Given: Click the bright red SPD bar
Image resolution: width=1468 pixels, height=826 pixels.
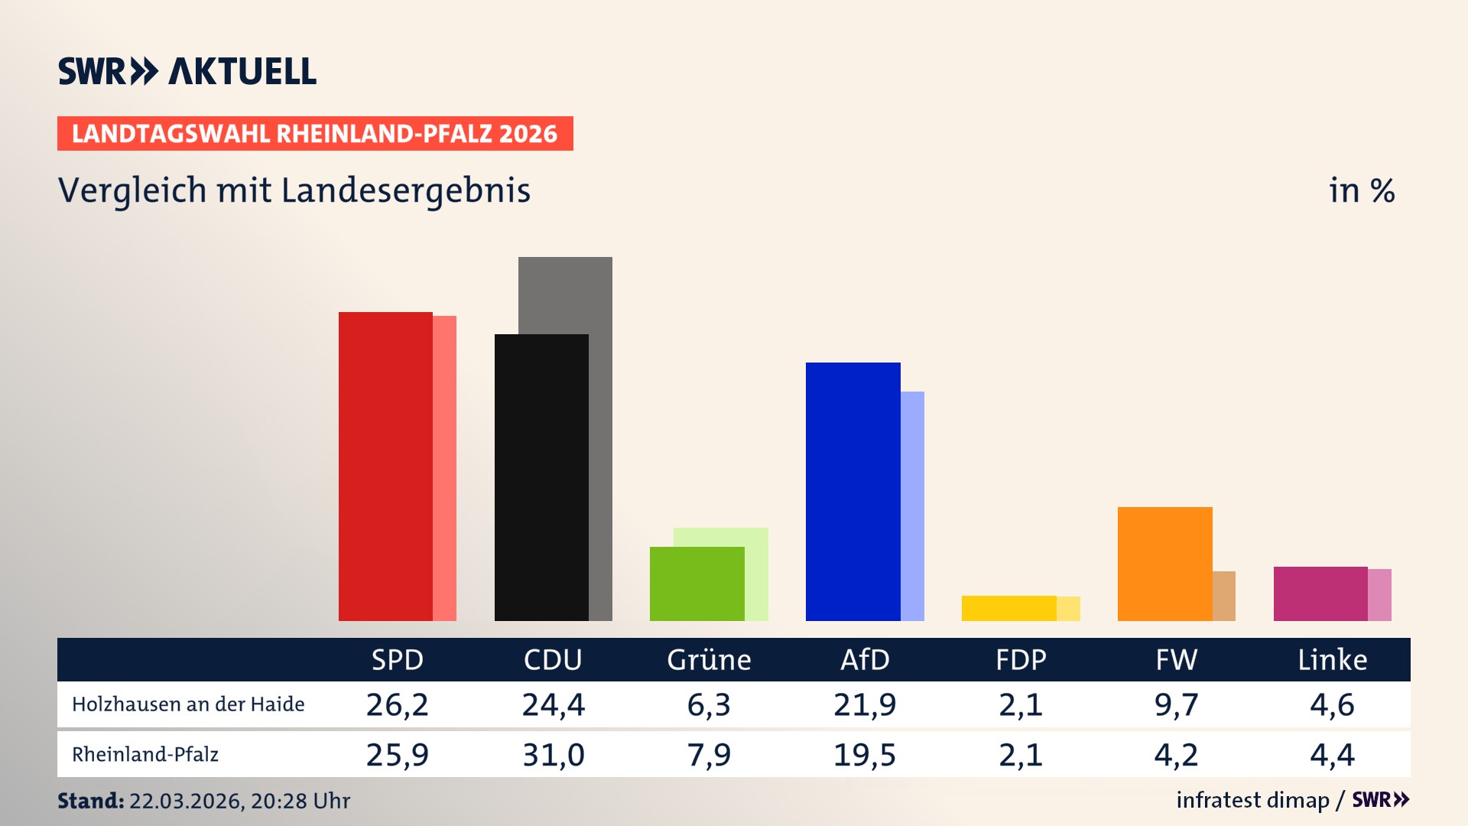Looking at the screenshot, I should coord(385,467).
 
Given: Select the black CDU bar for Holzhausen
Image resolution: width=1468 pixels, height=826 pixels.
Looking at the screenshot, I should coord(541,478).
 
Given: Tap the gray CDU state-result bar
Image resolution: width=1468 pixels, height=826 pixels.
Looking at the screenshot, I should coord(566,294).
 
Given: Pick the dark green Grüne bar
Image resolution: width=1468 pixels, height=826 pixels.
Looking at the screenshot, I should coord(697,584).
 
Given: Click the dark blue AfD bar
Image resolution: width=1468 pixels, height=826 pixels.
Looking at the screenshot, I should coord(853,492).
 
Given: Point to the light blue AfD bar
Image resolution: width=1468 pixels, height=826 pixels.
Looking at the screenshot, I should coord(913,506).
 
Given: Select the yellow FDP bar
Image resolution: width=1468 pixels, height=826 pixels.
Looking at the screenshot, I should coord(1008,608).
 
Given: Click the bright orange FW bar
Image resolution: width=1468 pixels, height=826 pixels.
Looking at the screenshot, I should coord(1164,564).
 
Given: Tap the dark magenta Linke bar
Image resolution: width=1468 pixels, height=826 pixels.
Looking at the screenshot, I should coord(1320,593).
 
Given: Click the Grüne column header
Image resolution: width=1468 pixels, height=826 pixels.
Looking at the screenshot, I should coord(709,660).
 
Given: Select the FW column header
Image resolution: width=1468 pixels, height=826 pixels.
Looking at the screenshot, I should coord(1176,660).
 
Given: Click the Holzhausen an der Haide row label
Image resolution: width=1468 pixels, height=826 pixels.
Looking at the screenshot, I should coord(188,704).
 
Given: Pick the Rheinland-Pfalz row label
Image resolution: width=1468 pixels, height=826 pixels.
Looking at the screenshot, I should coord(145,755).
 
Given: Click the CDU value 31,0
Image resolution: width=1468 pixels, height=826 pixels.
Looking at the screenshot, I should coord(553,755).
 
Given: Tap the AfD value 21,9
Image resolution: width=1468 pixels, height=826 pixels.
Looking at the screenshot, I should coord(865,704).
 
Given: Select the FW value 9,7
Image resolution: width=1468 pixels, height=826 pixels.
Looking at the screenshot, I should coord(1176,704).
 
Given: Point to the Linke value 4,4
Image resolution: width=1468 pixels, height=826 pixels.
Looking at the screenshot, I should coord(1332,755).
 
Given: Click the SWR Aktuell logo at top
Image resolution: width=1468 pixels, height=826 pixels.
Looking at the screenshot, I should coord(187,71).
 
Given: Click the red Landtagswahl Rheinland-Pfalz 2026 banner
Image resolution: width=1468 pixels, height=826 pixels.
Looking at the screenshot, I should coord(315,134).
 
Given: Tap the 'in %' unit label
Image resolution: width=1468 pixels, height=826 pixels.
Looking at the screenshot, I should coord(1361,191).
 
